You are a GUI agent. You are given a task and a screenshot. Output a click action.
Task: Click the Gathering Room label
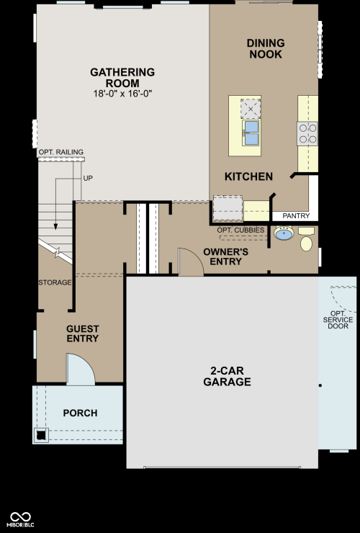click(122, 78)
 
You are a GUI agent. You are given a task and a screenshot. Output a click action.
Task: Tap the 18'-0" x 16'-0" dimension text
click(122, 94)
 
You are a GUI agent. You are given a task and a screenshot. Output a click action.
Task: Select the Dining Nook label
click(266, 48)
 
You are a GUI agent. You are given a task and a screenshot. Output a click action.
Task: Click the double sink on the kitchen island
click(251, 133)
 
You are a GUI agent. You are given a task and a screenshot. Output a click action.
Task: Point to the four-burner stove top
click(307, 133)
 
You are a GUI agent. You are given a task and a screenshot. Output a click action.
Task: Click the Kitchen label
click(249, 176)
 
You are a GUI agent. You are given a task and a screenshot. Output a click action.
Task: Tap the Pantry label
click(296, 216)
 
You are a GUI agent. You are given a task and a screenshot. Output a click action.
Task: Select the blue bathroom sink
click(284, 233)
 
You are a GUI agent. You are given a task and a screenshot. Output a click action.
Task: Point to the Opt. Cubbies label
click(240, 230)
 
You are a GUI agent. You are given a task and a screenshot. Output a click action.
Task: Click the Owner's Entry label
click(226, 256)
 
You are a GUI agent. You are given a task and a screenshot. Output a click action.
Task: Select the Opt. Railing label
click(61, 152)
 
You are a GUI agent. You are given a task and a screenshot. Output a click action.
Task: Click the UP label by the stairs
click(88, 178)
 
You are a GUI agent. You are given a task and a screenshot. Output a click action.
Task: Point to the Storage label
click(55, 282)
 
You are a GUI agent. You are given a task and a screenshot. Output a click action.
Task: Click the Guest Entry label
click(83, 333)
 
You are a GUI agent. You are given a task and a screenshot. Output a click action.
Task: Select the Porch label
click(80, 413)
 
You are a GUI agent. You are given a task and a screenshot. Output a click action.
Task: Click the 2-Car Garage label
click(227, 376)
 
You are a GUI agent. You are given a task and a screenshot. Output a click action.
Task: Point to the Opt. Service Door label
click(338, 320)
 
